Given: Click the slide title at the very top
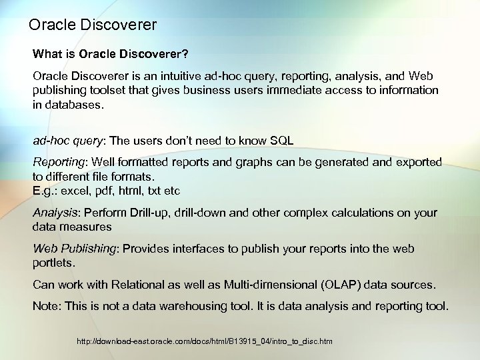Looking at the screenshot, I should (93, 25).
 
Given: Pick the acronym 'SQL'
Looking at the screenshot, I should (279, 141).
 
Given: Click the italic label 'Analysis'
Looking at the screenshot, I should (55, 213).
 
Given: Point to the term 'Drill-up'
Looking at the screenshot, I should (143, 213).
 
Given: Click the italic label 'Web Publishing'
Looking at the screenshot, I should (74, 249).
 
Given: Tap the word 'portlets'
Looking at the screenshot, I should (51, 263).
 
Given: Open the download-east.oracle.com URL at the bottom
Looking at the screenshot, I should (204, 341).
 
